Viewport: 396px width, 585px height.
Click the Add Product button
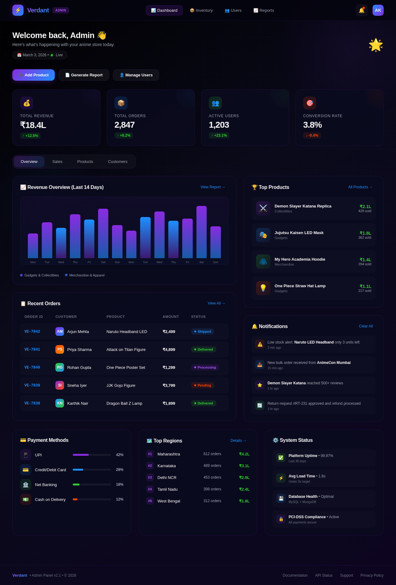tap(33, 75)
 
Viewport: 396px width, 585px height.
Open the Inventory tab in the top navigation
tap(201, 11)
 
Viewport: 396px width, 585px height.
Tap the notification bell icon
tap(361, 11)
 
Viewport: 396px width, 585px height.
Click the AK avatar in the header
tap(378, 11)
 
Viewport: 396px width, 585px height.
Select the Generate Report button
tap(84, 75)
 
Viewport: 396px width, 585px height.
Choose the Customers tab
tap(118, 162)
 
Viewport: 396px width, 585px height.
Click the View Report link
tap(213, 187)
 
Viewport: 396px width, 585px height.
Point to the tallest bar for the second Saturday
tap(201, 232)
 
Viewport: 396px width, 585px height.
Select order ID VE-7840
tap(32, 367)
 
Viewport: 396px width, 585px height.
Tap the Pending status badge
tap(203, 385)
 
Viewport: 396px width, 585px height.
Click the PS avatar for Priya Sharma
tap(60, 349)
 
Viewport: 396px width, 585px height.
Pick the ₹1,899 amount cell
tap(169, 403)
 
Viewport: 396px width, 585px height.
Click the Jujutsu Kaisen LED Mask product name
tap(299, 233)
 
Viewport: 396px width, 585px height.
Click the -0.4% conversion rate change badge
tap(312, 135)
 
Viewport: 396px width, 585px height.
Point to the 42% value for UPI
tap(119, 455)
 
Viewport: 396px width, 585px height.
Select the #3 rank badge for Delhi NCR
tap(150, 477)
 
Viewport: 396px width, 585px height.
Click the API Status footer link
tap(324, 575)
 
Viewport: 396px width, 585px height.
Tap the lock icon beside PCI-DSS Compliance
tap(281, 519)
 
